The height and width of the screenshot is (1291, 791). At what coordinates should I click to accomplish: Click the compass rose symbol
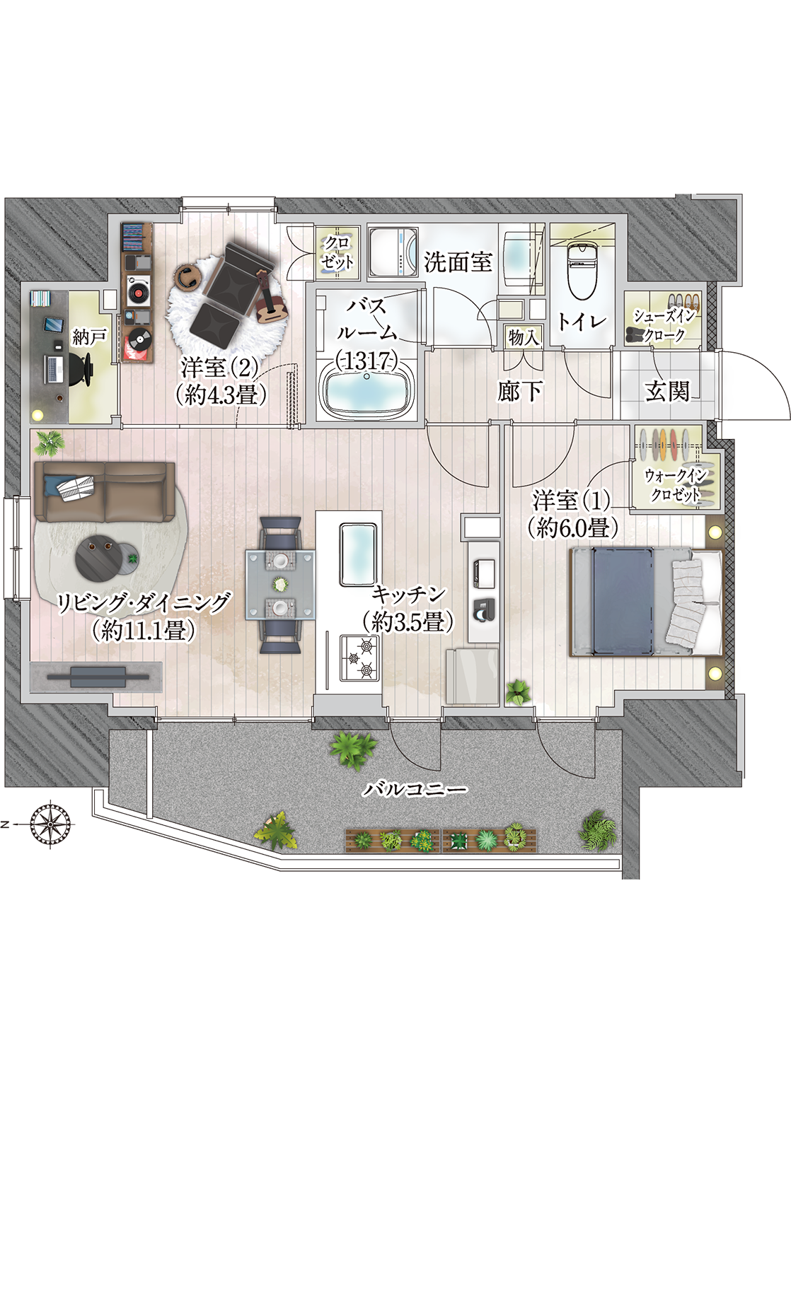pyautogui.click(x=51, y=824)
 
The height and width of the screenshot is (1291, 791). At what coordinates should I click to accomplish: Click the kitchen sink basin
pyautogui.click(x=358, y=554)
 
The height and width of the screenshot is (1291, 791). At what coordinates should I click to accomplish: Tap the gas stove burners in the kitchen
pyautogui.click(x=360, y=658)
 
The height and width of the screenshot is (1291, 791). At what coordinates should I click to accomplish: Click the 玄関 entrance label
pyautogui.click(x=667, y=391)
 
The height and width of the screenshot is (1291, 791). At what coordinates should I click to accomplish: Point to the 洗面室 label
pyautogui.click(x=458, y=262)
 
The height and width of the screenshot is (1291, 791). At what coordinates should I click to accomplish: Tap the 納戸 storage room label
pyautogui.click(x=90, y=338)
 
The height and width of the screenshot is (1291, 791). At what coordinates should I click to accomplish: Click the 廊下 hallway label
pyautogui.click(x=520, y=392)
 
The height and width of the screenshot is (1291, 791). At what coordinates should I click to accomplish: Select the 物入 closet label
pyautogui.click(x=524, y=337)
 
